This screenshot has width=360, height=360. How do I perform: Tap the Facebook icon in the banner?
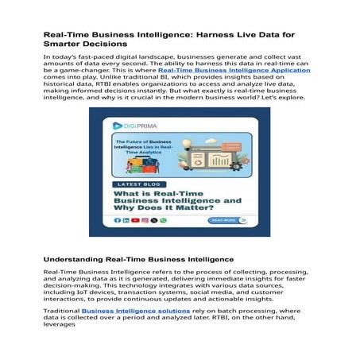pos(118,220)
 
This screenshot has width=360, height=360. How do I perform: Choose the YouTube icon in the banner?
pos(136,220)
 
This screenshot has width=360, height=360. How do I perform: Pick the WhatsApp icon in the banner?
pos(164,220)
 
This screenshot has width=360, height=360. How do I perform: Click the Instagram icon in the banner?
pos(145,220)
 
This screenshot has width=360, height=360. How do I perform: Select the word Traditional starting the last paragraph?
pos(62,311)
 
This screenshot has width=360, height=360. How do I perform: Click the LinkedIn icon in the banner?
pos(126,220)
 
